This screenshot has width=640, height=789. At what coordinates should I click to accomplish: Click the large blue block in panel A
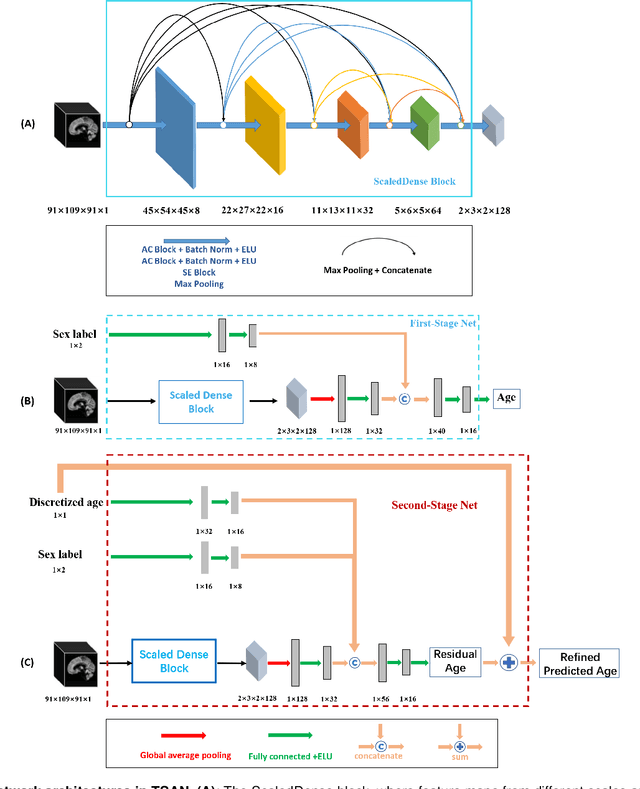174,128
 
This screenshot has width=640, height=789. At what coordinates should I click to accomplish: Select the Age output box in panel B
508,398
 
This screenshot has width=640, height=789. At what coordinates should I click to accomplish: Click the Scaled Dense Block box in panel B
201,402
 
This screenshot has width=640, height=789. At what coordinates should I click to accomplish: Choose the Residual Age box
455,661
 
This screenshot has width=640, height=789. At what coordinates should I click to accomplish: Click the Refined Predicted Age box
580,663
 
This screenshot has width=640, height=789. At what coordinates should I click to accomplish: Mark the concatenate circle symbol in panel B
405,400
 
